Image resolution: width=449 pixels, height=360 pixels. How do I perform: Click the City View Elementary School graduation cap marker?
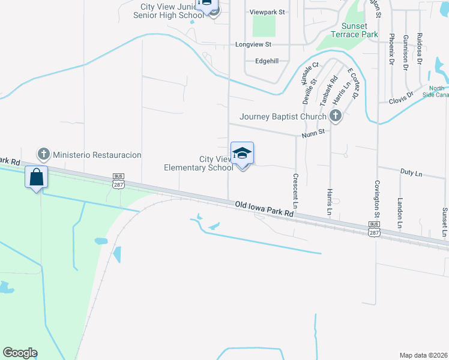[242, 153]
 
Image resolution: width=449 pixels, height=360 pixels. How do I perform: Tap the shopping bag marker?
[36, 177]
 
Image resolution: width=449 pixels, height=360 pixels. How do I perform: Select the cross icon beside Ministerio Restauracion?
[43, 155]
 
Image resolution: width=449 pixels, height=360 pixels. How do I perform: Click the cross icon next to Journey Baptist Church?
[335, 116]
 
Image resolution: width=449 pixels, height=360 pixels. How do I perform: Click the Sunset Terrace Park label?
[360, 30]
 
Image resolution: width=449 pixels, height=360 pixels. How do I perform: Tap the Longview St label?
[254, 44]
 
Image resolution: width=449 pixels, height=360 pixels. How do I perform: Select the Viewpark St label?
[267, 11]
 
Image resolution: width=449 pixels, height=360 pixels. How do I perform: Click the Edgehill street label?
[267, 61]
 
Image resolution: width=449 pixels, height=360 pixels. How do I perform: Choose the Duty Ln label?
[411, 173]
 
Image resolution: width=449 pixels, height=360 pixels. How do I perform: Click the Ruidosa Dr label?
[420, 49]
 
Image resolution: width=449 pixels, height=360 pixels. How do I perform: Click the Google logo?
[20, 353]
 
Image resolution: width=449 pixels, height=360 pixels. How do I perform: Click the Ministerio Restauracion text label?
[97, 155]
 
